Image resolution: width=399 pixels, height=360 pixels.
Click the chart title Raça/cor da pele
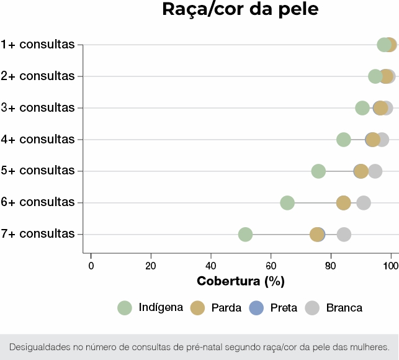(240, 11)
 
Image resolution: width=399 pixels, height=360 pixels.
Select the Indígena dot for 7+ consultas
(245, 235)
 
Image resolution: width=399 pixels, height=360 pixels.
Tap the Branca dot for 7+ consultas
(344, 235)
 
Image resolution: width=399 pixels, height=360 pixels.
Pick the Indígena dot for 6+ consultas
(287, 203)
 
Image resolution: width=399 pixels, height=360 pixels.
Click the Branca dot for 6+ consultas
(364, 203)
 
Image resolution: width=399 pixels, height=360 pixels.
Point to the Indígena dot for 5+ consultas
(318, 171)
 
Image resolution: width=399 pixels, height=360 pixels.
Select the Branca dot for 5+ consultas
(375, 171)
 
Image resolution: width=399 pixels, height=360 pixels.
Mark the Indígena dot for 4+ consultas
(344, 140)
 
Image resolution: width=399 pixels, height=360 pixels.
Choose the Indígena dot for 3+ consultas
(362, 108)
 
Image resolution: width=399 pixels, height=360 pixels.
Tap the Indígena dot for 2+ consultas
(375, 76)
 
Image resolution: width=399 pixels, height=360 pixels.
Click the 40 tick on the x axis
(211, 266)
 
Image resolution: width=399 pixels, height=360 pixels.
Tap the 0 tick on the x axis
(91, 266)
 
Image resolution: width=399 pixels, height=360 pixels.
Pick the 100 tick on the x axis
(390, 266)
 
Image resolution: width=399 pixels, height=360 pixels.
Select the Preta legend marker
(256, 307)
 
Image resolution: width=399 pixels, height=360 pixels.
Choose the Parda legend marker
(198, 307)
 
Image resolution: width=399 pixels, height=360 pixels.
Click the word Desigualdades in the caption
(38, 346)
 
